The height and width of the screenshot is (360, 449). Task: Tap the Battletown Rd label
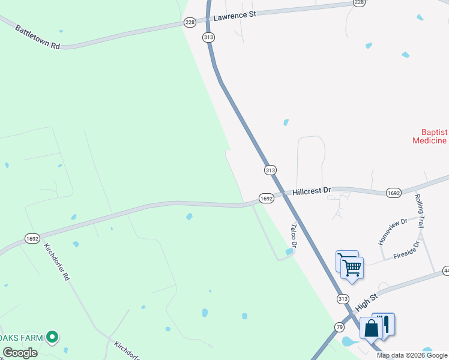pos(38,37)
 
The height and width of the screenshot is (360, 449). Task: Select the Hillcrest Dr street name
pos(312,191)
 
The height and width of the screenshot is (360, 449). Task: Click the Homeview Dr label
pos(393,231)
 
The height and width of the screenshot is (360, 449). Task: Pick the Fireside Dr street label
pos(409,251)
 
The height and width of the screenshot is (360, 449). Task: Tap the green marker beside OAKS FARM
pos(53,338)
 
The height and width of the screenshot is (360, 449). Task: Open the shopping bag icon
pos(371,329)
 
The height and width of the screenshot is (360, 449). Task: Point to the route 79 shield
pos(339,327)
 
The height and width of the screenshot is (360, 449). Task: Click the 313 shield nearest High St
pos(343,299)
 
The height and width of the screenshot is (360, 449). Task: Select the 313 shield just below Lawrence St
pos(208,37)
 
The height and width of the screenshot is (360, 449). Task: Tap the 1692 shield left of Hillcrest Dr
pos(267,197)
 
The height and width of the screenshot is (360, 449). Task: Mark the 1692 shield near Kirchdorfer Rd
pos(33,238)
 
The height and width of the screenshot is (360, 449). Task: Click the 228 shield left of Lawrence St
pos(190,22)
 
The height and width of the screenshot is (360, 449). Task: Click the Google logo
pos(20,353)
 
